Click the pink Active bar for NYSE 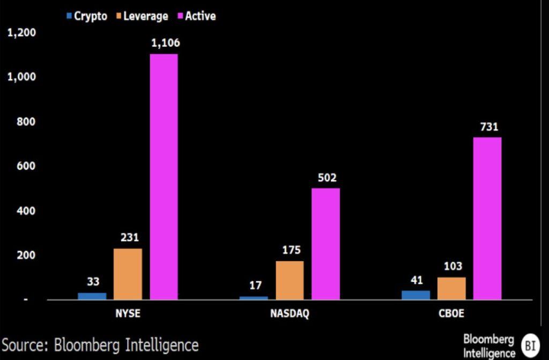point(164,177)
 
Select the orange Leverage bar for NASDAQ point(290,281)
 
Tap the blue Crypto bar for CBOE point(416,295)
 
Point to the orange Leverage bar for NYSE point(128,274)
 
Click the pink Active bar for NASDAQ point(325,244)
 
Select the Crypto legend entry point(86,16)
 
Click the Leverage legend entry point(140,16)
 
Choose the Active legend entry point(197,16)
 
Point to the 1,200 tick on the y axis point(21,33)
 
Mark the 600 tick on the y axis point(26,166)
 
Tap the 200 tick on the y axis point(26,255)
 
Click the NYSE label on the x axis point(128,314)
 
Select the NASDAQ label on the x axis point(290,314)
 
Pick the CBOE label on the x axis point(451,314)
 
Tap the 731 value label point(488,127)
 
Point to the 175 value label point(291,250)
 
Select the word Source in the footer point(25,344)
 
